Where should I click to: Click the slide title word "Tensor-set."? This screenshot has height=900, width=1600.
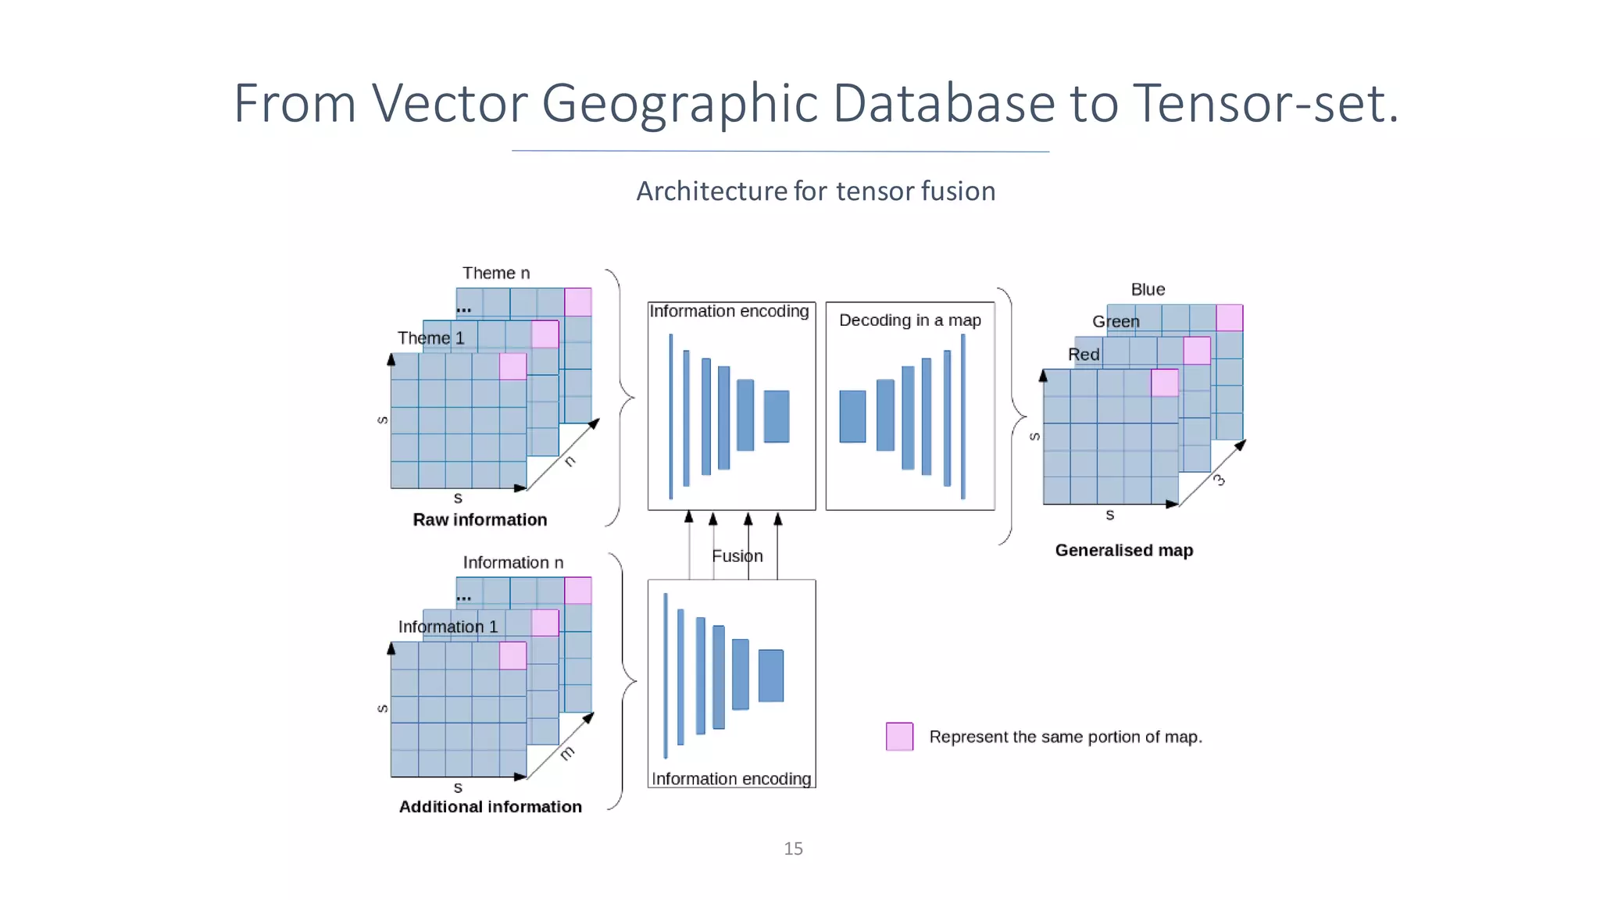pyautogui.click(x=1265, y=103)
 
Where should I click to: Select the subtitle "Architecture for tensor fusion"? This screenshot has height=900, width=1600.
pyautogui.click(x=816, y=191)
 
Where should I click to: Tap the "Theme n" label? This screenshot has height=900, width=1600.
pyautogui.click(x=495, y=273)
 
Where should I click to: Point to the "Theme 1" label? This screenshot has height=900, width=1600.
pyautogui.click(x=430, y=338)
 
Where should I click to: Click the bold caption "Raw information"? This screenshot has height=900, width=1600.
pyautogui.click(x=480, y=520)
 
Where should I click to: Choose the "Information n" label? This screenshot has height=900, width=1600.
pyautogui.click(x=512, y=562)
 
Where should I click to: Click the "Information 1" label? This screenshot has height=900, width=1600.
pyautogui.click(x=448, y=627)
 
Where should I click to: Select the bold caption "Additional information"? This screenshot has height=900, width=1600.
pyautogui.click(x=490, y=807)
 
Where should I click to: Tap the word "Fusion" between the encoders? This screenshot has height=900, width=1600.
pyautogui.click(x=737, y=556)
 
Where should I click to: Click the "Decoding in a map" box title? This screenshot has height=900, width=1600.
pyautogui.click(x=909, y=320)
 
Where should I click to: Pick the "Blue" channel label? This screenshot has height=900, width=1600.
pyautogui.click(x=1148, y=290)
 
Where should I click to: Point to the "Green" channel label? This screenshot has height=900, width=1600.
pyautogui.click(x=1116, y=322)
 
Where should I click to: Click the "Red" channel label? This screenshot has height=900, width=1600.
pyautogui.click(x=1084, y=355)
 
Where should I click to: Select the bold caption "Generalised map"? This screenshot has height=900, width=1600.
pyautogui.click(x=1123, y=551)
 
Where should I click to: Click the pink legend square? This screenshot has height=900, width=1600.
pyautogui.click(x=899, y=737)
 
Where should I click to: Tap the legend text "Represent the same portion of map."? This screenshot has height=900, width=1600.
pyautogui.click(x=1065, y=737)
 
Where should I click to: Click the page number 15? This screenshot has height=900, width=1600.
pyautogui.click(x=793, y=848)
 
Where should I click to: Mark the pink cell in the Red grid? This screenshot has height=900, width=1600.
pyautogui.click(x=1164, y=383)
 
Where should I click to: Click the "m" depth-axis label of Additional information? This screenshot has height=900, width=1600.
pyautogui.click(x=567, y=753)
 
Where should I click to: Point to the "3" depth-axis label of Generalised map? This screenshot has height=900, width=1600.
pyautogui.click(x=1219, y=480)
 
